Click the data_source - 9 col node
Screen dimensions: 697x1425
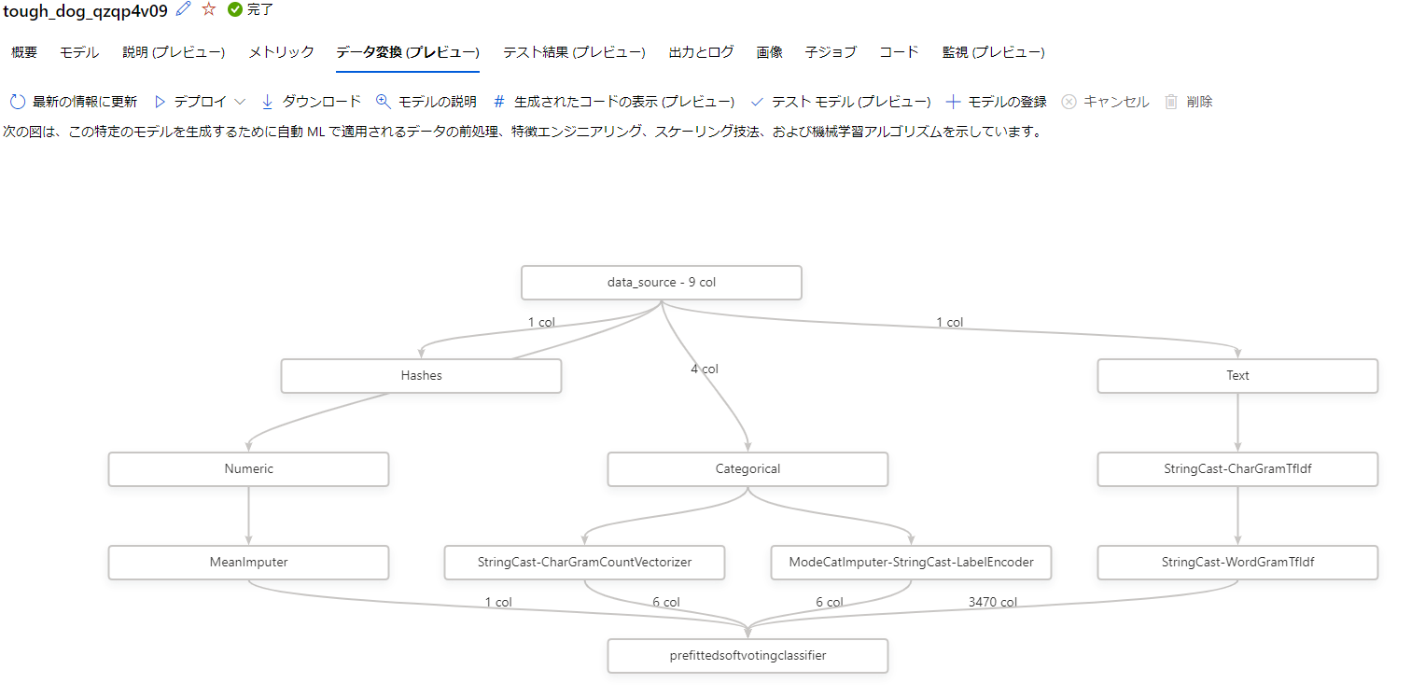tap(661, 283)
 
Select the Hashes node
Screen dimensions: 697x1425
tap(421, 376)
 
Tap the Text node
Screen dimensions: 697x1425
tap(1237, 376)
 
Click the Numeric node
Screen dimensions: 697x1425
tap(248, 469)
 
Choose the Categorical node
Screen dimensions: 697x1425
tap(747, 469)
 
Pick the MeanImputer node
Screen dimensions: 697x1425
tap(248, 563)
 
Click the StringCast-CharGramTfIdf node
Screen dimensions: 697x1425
tap(1237, 469)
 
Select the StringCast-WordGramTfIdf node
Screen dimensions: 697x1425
tap(1237, 563)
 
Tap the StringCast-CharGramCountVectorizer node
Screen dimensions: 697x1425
tap(584, 563)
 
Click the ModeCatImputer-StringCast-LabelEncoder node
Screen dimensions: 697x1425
tap(911, 563)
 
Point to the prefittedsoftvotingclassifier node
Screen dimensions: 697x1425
tap(747, 656)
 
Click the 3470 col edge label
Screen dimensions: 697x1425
tap(993, 603)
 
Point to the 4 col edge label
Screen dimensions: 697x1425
tap(705, 369)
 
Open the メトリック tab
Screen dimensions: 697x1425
tap(281, 52)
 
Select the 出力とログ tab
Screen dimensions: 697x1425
tap(701, 52)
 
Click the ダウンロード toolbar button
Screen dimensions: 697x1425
tap(311, 102)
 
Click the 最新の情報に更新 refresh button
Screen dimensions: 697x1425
tap(74, 102)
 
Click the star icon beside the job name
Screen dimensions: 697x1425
tap(209, 9)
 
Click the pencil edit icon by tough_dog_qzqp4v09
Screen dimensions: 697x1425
tap(184, 9)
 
